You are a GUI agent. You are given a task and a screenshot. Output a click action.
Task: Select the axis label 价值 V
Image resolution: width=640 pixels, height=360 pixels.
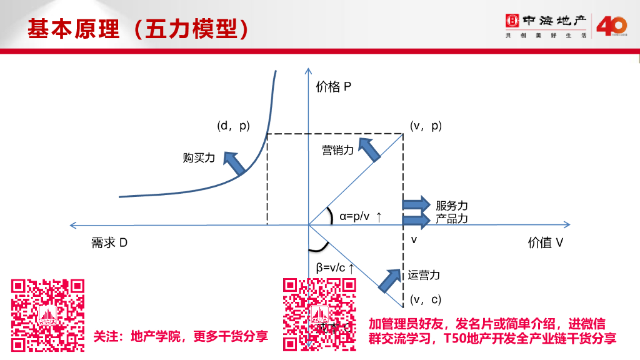[x=545, y=243]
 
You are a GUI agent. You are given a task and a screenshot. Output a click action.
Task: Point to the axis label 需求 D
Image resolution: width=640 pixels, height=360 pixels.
[x=109, y=243]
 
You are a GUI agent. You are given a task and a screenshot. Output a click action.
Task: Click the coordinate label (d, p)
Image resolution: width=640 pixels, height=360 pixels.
[x=233, y=126]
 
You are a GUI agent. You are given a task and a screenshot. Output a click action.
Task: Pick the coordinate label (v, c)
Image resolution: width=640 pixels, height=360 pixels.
[x=426, y=299]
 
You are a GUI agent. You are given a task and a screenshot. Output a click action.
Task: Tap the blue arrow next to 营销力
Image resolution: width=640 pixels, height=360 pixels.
[x=370, y=151]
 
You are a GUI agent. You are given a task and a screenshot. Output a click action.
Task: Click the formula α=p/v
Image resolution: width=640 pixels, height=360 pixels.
[x=361, y=217]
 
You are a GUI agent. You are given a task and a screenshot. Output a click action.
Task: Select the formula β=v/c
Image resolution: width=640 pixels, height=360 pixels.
[x=336, y=267]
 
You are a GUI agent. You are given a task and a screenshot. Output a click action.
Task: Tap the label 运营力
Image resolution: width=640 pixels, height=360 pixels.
[x=424, y=275]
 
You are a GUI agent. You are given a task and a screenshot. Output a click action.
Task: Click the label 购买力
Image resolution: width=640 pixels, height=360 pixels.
[x=199, y=158]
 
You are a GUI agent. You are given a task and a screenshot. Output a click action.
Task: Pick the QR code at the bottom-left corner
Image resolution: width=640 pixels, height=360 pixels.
[x=48, y=314]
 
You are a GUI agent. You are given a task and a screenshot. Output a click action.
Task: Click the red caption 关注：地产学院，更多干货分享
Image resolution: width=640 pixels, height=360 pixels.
[x=181, y=336]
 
